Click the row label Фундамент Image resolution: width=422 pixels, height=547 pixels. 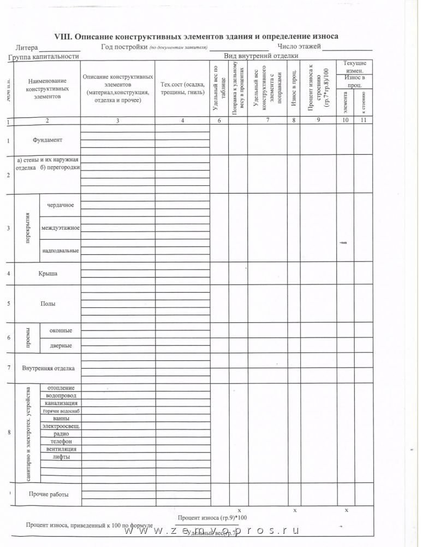pyautogui.click(x=47, y=140)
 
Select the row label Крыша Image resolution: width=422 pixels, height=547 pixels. pyautogui.click(x=48, y=273)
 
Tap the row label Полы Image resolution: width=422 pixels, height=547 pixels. pyautogui.click(x=48, y=304)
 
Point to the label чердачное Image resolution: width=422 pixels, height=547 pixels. pyautogui.click(x=61, y=205)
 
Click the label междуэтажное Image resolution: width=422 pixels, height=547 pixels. pyautogui.click(x=61, y=228)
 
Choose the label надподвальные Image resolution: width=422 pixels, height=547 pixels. pyautogui.click(x=61, y=251)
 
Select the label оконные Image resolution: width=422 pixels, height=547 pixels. pyautogui.click(x=61, y=330)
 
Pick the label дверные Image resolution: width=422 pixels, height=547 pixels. pyautogui.click(x=61, y=346)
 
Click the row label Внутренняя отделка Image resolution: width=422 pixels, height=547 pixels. pyautogui.click(x=48, y=368)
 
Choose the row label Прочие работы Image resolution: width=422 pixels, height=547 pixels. pyautogui.click(x=49, y=494)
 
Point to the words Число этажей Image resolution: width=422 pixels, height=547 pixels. pyautogui.click(x=299, y=46)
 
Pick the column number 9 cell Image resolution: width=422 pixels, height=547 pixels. pyautogui.click(x=317, y=120)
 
